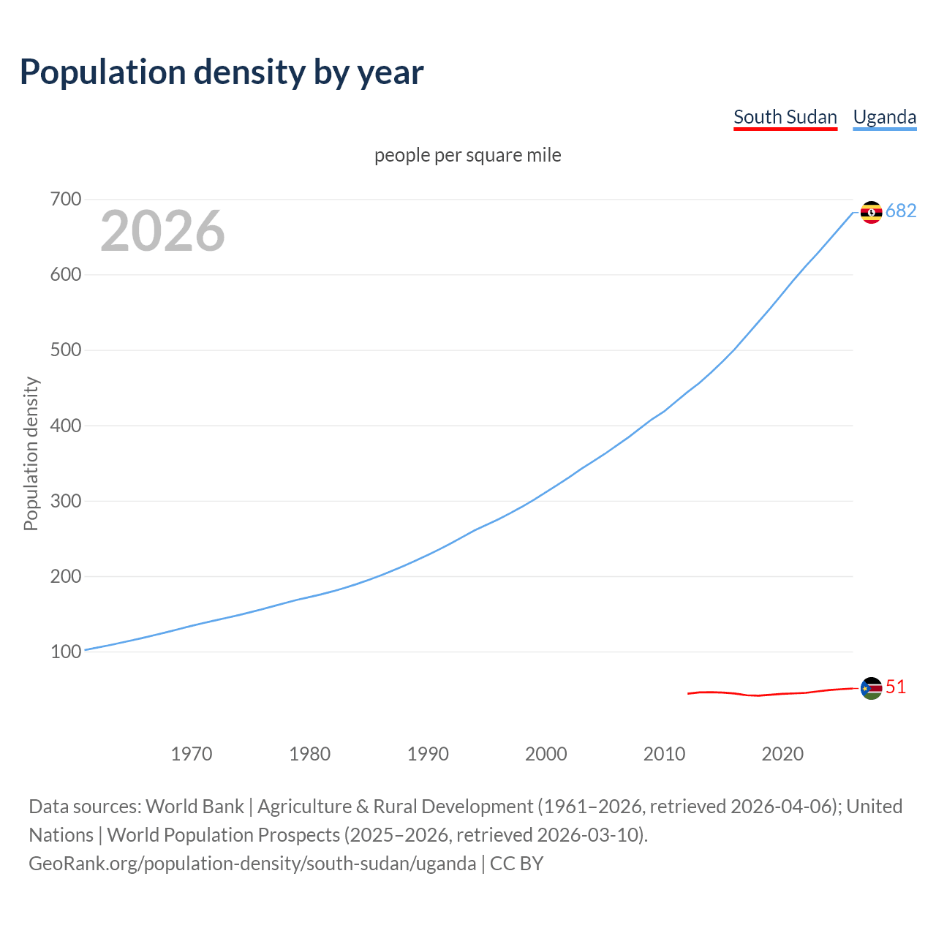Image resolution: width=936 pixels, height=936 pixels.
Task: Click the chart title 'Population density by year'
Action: pyautogui.click(x=222, y=72)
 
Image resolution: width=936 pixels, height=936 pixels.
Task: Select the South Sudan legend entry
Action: pyautogui.click(x=785, y=117)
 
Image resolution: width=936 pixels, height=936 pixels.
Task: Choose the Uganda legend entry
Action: pyautogui.click(x=884, y=117)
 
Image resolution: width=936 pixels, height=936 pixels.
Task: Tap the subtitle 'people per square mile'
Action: pyautogui.click(x=467, y=155)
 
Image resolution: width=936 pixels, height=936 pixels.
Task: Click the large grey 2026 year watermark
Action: pyautogui.click(x=162, y=231)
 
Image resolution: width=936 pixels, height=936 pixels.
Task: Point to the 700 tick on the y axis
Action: pyautogui.click(x=66, y=199)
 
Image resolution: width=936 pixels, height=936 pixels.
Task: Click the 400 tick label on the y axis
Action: pyautogui.click(x=66, y=426)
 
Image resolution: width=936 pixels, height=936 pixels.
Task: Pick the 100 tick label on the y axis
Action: pyautogui.click(x=66, y=652)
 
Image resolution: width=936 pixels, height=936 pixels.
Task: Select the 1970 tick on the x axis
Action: pyautogui.click(x=192, y=753)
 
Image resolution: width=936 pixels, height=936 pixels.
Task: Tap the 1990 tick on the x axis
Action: pyautogui.click(x=428, y=753)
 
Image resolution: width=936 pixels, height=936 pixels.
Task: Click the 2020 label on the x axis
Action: pyautogui.click(x=782, y=753)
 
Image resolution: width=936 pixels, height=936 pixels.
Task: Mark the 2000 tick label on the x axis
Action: pyautogui.click(x=546, y=753)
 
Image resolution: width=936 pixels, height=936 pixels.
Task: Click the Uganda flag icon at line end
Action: pyautogui.click(x=871, y=212)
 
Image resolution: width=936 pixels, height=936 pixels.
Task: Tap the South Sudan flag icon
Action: pyautogui.click(x=871, y=688)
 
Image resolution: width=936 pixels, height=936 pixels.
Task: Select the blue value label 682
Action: pyautogui.click(x=901, y=211)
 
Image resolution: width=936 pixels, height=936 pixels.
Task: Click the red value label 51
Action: pyautogui.click(x=896, y=687)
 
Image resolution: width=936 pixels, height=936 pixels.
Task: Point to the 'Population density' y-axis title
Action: pyautogui.click(x=31, y=453)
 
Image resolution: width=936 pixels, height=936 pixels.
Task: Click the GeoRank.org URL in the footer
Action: pyautogui.click(x=252, y=863)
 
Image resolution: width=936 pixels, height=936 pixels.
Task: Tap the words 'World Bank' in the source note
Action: pyautogui.click(x=195, y=806)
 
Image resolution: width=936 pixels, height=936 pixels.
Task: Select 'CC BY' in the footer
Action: pyautogui.click(x=516, y=863)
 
